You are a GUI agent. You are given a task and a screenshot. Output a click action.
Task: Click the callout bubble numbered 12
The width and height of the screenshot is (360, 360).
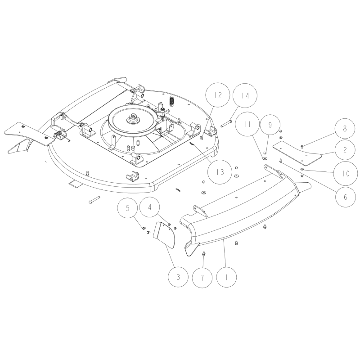point(218,95)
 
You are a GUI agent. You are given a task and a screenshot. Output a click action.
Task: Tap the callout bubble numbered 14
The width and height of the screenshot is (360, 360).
point(245,95)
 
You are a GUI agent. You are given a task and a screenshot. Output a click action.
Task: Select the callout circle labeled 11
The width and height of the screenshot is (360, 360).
point(247,124)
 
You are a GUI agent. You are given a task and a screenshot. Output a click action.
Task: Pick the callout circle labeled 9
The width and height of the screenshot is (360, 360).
point(270,125)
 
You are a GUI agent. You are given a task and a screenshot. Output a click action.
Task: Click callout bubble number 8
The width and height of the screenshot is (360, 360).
point(345,129)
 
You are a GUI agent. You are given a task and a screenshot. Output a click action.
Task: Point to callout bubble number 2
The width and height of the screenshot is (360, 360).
point(345,150)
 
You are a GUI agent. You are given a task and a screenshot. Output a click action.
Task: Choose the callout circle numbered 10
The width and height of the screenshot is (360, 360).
point(345,173)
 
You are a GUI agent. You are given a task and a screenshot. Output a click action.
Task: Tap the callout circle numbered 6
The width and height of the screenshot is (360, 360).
point(345,197)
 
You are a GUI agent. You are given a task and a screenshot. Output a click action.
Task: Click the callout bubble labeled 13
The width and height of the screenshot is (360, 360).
point(220,172)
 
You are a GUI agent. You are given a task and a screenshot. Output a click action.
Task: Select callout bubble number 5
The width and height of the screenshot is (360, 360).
point(127,208)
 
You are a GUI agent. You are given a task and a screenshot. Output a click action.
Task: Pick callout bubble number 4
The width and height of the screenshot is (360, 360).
point(150,207)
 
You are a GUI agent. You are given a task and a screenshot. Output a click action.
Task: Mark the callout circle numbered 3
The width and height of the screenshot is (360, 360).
point(178,277)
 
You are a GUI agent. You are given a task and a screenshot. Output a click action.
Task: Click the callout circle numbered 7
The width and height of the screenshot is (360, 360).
point(202,278)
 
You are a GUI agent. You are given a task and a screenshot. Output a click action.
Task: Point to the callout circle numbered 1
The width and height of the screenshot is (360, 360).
point(226,277)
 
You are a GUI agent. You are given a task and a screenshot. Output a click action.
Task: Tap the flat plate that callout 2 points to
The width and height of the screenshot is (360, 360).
point(297,153)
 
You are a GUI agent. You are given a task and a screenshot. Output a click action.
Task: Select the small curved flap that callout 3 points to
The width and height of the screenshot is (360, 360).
point(164,234)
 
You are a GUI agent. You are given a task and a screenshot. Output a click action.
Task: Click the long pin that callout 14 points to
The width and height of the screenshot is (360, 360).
point(227,123)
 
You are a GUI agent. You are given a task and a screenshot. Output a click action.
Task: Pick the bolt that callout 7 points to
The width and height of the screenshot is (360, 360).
point(203,254)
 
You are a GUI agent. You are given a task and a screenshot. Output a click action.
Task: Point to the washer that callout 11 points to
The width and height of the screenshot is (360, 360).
point(264,158)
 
